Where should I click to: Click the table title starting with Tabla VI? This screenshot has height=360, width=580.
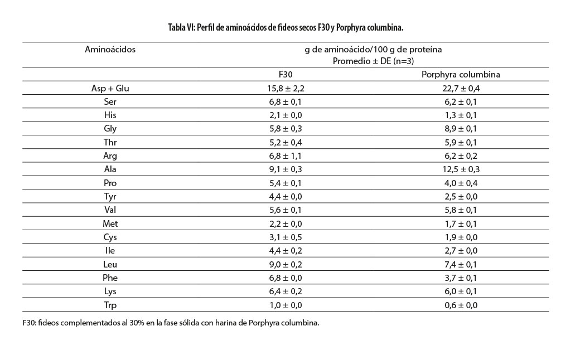tap(289, 27)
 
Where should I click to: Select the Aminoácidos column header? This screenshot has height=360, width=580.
tap(110, 49)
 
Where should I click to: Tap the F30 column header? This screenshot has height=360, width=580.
tap(286, 75)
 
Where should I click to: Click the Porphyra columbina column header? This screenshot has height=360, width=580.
tap(452, 75)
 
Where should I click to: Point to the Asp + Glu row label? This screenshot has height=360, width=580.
tap(110, 88)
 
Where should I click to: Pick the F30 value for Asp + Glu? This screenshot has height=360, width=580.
tap(286, 88)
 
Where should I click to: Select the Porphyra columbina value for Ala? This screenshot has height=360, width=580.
tap(452, 169)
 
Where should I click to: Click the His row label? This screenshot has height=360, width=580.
tap(110, 115)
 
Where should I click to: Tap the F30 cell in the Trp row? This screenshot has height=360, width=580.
tap(286, 305)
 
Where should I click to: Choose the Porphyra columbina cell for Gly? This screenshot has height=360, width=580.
tap(452, 129)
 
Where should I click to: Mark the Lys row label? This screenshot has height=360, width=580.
tap(110, 291)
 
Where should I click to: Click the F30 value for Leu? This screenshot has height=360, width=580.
tap(286, 264)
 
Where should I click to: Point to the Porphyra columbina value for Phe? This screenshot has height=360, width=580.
tap(452, 278)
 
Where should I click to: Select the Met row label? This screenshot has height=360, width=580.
tap(110, 223)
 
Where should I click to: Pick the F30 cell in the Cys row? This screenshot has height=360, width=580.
tap(286, 237)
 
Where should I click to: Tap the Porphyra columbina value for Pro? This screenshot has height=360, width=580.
tap(452, 183)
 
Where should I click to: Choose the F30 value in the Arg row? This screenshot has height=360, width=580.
tap(286, 156)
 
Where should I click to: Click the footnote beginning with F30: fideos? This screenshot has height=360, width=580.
tap(171, 323)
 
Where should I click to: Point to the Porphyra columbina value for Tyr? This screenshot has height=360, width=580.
tap(452, 196)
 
